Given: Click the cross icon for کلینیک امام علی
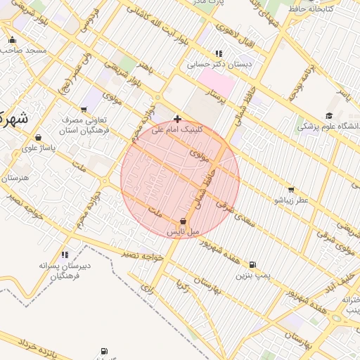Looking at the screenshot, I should click(177, 120).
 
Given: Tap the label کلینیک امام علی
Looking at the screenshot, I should click(176, 130).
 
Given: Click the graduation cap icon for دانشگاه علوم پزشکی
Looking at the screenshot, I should click(328, 116).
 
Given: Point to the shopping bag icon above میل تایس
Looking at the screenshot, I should click(184, 221).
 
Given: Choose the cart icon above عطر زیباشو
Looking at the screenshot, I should click(291, 190).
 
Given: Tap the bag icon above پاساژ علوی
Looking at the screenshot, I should click(37, 137).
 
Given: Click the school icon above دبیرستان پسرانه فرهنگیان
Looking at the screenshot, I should click(65, 255).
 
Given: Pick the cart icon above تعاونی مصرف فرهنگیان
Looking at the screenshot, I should click(84, 109).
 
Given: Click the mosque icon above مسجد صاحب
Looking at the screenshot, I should click(12, 40).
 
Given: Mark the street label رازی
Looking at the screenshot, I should click(147, 286).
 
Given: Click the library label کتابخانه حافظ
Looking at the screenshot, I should click(324, 9).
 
